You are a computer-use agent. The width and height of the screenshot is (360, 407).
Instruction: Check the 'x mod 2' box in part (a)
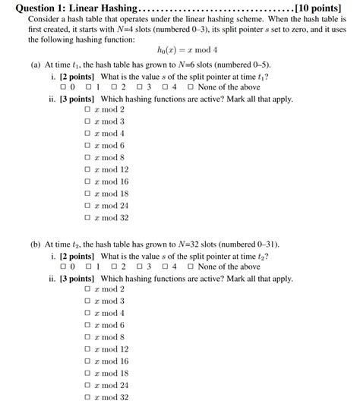point(88,109)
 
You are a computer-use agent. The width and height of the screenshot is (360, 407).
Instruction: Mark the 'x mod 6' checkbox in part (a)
point(88,146)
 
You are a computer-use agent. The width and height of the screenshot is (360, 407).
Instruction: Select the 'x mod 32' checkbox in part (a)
point(88,218)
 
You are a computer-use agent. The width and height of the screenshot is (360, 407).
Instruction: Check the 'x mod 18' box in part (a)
point(88,194)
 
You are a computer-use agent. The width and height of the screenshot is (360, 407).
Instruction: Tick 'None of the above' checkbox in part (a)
point(191,87)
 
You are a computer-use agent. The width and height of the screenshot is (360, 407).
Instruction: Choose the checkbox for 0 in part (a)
point(64,87)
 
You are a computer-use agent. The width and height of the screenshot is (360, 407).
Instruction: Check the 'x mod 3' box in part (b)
point(88,301)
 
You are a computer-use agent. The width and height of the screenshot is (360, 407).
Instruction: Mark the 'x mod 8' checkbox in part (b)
point(88,337)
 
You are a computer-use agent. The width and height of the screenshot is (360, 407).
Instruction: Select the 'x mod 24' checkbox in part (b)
point(88,385)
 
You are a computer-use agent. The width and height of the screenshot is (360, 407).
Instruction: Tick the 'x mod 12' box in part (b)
point(88,349)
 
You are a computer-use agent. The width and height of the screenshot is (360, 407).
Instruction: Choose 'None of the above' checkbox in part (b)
point(191,267)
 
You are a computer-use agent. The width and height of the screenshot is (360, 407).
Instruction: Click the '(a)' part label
point(36,65)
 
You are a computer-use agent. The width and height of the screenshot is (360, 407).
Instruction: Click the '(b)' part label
point(36,245)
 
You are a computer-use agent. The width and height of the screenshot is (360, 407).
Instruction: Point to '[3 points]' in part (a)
point(77,99)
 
